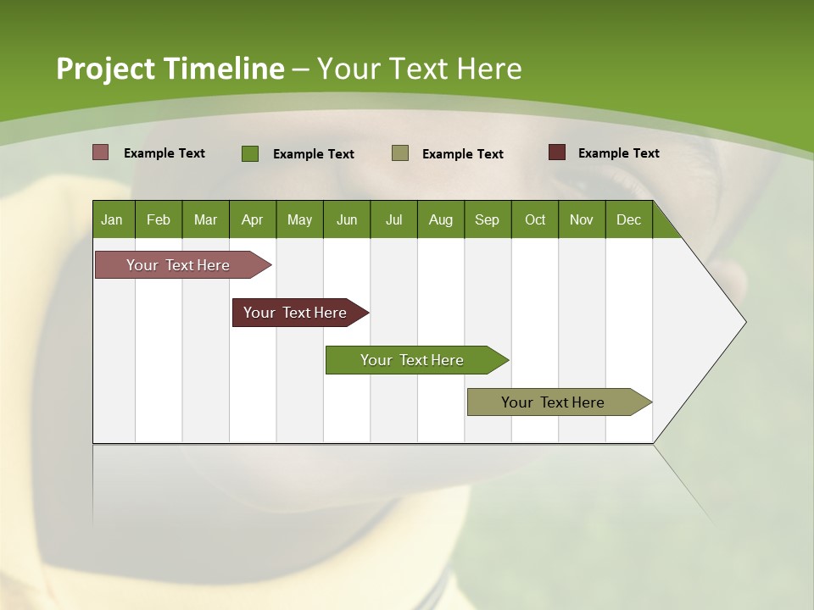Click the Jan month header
[113, 219]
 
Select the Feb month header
[159, 219]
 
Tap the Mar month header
[205, 219]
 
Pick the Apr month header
[253, 219]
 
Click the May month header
[299, 219]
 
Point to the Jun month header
[347, 219]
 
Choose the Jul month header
[393, 219]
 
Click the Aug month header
[441, 219]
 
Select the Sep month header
[488, 219]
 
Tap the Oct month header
[535, 219]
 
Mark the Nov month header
[582, 219]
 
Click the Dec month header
[629, 219]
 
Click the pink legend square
[101, 152]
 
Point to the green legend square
[250, 153]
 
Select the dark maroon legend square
[557, 152]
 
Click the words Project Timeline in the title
[170, 69]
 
